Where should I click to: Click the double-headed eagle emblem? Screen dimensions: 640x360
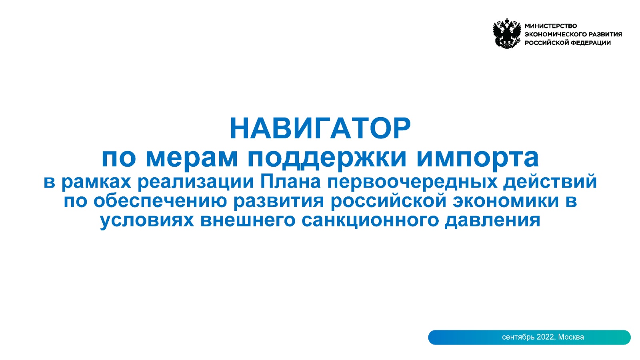coord(507,34)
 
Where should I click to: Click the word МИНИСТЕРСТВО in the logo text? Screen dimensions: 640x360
coord(551,26)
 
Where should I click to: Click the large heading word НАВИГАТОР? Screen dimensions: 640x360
coord(320,128)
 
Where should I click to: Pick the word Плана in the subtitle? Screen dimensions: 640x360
coord(290,182)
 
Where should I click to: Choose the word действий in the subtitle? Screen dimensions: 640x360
coord(550,182)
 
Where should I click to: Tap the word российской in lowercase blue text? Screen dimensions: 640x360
coord(388,201)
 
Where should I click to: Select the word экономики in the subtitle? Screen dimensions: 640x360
coord(506,201)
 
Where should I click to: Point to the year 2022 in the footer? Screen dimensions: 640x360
coord(546,337)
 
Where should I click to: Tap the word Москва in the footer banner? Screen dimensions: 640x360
coord(571,337)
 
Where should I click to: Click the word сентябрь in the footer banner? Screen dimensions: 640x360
coord(518,338)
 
